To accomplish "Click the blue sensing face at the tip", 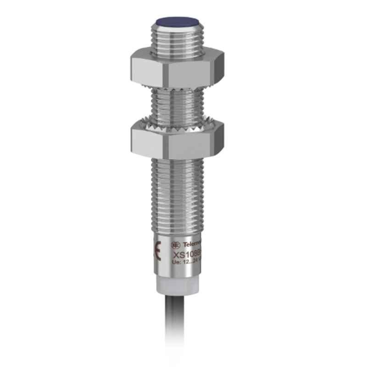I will coord(182,21).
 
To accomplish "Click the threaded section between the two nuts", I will coord(182,103).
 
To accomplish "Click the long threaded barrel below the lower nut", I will coord(182,193).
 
